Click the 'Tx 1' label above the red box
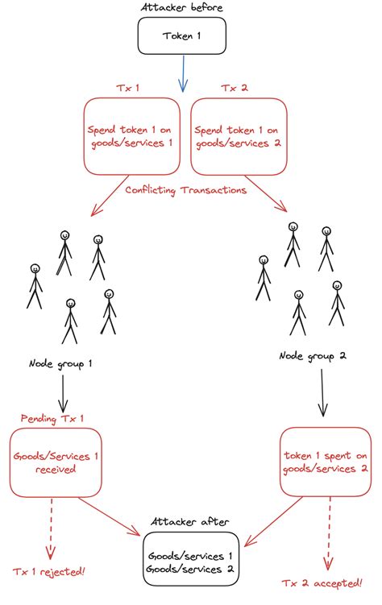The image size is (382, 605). click(x=129, y=88)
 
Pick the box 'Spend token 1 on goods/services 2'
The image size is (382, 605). click(x=238, y=136)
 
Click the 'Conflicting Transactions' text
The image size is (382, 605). click(x=185, y=190)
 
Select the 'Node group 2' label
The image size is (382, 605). click(x=313, y=355)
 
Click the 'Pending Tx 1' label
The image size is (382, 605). click(x=52, y=418)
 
